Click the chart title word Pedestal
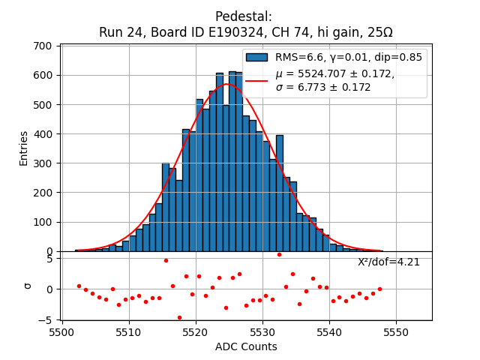pos(244,16)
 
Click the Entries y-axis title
pos(23,148)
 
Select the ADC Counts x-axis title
pos(246,346)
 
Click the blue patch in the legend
pos(256,58)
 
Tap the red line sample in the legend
pos(256,80)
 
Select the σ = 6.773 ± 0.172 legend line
pos(323,88)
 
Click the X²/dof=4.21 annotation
pos(388,262)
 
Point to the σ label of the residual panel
pos(28,286)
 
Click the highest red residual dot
pos(279,254)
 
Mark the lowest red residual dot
pos(179,317)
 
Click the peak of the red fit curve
pos(227,84)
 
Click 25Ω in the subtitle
pos(378,33)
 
